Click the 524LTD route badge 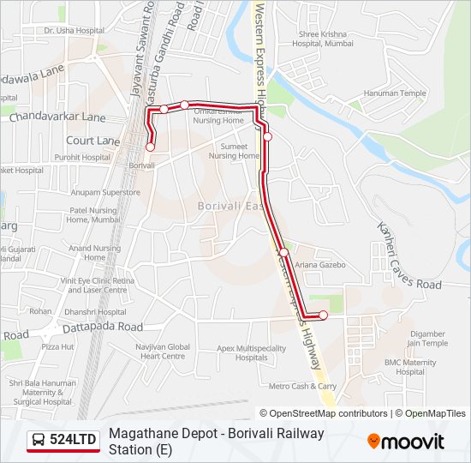pos(63,441)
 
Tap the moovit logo pos(406,442)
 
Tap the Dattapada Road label pos(101,327)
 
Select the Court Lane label pos(92,140)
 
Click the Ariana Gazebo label pos(319,265)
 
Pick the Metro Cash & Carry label pos(302,386)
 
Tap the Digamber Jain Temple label pos(428,338)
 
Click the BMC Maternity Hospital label pos(410,367)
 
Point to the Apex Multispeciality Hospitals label pos(251,352)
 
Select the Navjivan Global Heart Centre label pos(162,351)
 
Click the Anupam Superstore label pos(105,192)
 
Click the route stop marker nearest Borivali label pos(151,147)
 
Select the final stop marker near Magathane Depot pos(323,316)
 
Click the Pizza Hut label pos(58,346)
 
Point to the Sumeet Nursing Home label pos(234,152)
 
